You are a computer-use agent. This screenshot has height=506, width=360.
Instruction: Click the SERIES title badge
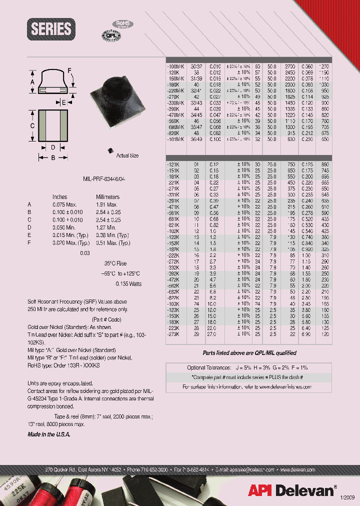(x=51, y=29)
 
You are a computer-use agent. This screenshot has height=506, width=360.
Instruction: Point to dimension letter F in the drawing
(x=69, y=70)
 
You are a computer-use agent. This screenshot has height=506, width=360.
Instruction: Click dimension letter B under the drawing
(x=53, y=157)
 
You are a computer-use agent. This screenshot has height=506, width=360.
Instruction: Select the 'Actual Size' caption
(x=127, y=156)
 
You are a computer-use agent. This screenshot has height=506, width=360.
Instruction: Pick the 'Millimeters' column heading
(x=107, y=197)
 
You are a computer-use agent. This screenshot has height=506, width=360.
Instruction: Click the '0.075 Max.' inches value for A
(x=63, y=204)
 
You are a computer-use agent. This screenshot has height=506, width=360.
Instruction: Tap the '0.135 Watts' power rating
(x=128, y=284)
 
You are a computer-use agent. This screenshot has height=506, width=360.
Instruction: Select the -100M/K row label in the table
(x=175, y=66)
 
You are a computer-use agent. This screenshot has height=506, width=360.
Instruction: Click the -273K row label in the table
(x=173, y=333)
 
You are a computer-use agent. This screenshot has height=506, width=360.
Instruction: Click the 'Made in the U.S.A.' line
(x=49, y=434)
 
